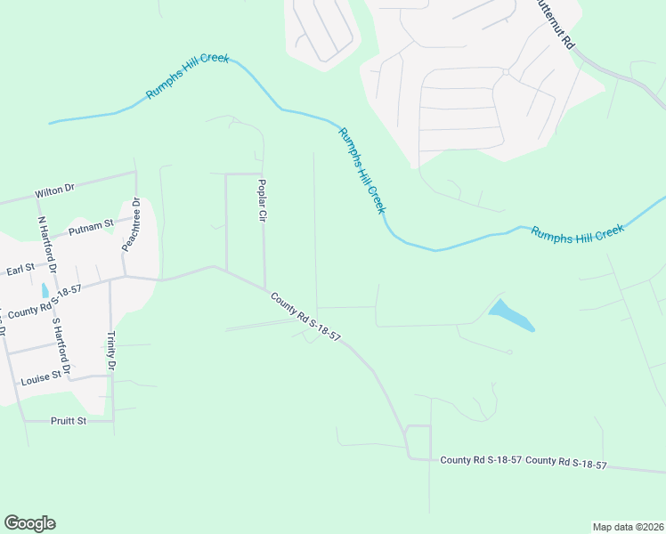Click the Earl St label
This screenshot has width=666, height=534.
point(20,268)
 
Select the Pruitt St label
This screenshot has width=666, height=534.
point(68,420)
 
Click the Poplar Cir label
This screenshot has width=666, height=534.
point(263,200)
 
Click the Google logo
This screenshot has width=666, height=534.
point(29,523)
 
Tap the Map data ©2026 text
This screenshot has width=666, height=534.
point(627,527)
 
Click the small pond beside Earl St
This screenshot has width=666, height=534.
point(45,290)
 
